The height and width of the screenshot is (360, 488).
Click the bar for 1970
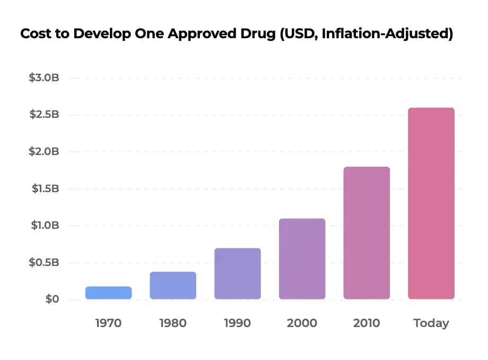click(x=108, y=293)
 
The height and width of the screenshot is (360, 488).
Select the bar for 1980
click(x=173, y=286)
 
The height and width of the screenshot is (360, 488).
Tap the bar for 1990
click(x=238, y=273)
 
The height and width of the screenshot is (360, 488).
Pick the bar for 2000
click(x=302, y=259)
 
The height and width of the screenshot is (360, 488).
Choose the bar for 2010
click(x=367, y=233)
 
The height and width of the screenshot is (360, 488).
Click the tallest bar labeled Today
click(x=431, y=203)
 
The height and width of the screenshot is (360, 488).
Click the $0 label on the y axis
click(x=51, y=299)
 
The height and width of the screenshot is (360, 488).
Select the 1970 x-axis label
click(x=108, y=323)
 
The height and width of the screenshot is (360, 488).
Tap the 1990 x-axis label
click(x=238, y=323)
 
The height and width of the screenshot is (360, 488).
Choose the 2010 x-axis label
click(x=367, y=323)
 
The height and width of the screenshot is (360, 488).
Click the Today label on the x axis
click(x=431, y=323)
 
